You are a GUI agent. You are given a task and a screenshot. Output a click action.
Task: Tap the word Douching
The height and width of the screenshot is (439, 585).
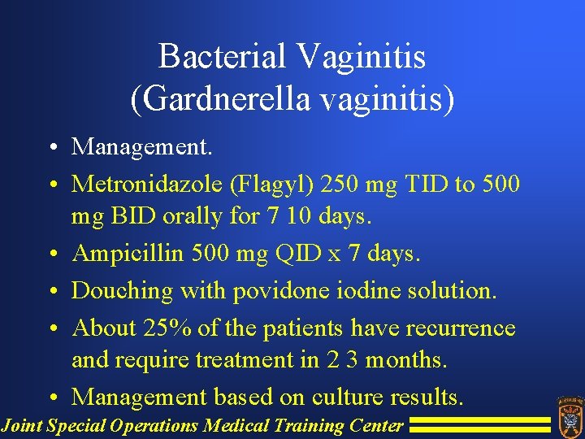[123, 291]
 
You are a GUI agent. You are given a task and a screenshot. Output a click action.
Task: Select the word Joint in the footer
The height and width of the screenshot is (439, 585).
[21, 425]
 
